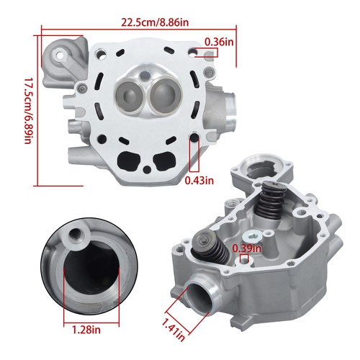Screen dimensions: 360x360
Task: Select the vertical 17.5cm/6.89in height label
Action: coord(29,110)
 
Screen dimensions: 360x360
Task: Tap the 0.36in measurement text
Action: coord(218,42)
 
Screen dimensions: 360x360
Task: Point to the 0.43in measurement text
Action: coord(198,181)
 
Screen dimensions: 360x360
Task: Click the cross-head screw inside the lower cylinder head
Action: coord(252,237)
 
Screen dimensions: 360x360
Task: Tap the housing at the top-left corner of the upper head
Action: coord(60,58)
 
